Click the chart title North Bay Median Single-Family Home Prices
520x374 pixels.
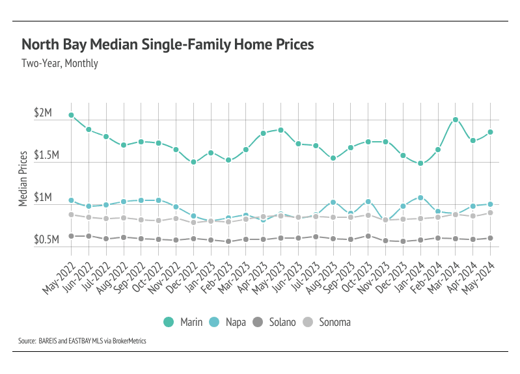tap(167, 44)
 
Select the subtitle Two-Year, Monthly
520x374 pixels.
tap(60, 64)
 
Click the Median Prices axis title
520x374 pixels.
tap(23, 178)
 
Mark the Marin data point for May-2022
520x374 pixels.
tap(71, 115)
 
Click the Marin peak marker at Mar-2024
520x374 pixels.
tap(456, 120)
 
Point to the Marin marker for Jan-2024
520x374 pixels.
tap(420, 163)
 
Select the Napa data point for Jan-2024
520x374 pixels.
tap(420, 198)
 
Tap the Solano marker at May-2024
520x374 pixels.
tap(491, 238)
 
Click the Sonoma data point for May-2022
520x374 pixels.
tap(71, 215)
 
